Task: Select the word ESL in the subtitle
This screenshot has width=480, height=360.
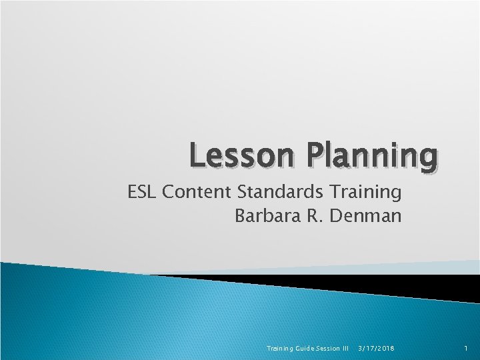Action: coord(142,193)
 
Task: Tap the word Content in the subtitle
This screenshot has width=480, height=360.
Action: coord(197,193)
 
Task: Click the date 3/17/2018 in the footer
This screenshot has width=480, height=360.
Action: coord(376,348)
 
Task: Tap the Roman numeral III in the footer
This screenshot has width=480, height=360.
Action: coord(345,348)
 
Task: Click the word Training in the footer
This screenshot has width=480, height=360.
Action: coord(279,348)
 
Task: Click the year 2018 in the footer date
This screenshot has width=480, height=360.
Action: coord(385,348)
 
